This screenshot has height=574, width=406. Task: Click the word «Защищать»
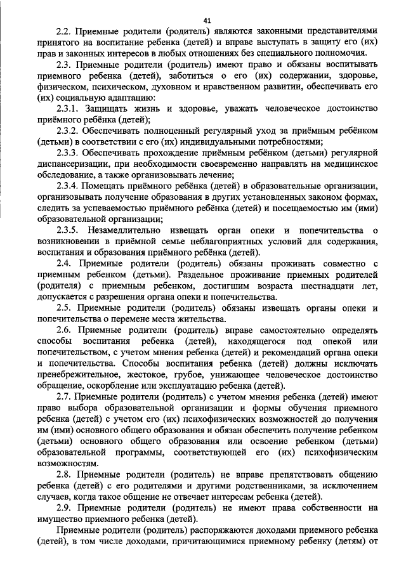tap(110, 110)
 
